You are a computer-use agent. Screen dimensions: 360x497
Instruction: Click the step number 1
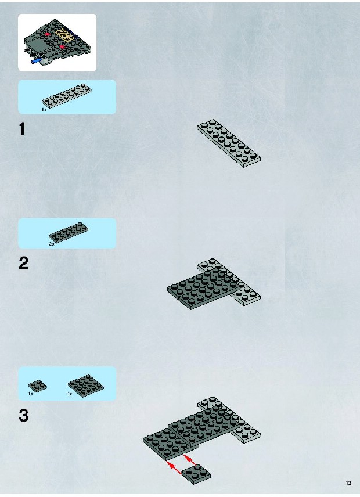22,129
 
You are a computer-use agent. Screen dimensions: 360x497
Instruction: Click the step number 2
23,264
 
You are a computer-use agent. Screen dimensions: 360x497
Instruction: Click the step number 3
23,415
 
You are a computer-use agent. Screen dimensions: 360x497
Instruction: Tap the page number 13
348,484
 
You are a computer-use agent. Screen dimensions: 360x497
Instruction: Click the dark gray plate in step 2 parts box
69,232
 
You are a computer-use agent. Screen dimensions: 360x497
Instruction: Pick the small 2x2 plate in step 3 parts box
38,386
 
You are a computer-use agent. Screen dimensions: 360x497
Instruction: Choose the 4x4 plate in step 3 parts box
85,386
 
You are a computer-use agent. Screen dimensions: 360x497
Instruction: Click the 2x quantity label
52,244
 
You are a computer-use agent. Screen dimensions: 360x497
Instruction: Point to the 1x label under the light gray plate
44,110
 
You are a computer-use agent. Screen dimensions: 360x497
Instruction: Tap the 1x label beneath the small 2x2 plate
30,394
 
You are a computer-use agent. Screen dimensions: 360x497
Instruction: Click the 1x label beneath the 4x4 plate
70,394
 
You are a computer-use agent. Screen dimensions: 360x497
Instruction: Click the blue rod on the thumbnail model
37,60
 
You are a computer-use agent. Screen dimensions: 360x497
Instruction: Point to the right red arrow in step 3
189,460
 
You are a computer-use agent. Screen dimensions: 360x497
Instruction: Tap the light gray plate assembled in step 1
229,143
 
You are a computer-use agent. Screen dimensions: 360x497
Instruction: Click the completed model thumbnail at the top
57,42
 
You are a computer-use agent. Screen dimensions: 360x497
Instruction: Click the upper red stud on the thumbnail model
48,34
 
